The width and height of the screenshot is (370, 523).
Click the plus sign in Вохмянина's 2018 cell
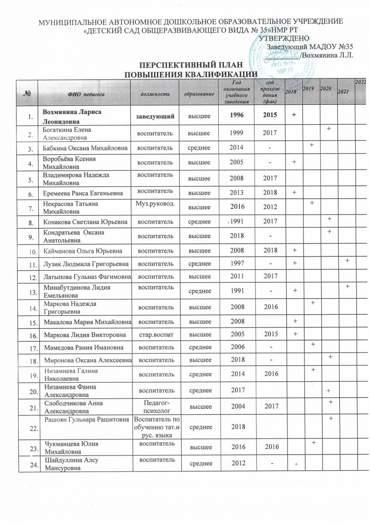coord(294,115)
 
